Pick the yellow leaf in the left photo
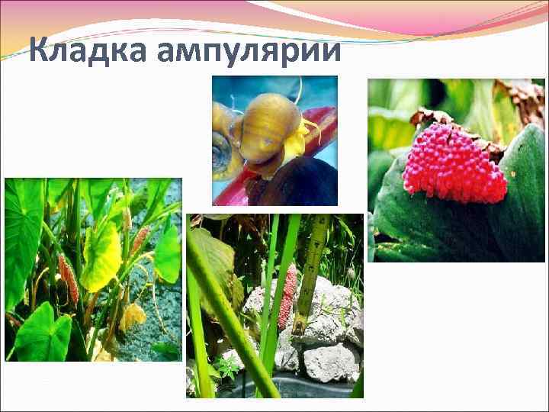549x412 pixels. [x=101, y=255]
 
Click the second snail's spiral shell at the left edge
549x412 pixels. [x=222, y=153]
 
